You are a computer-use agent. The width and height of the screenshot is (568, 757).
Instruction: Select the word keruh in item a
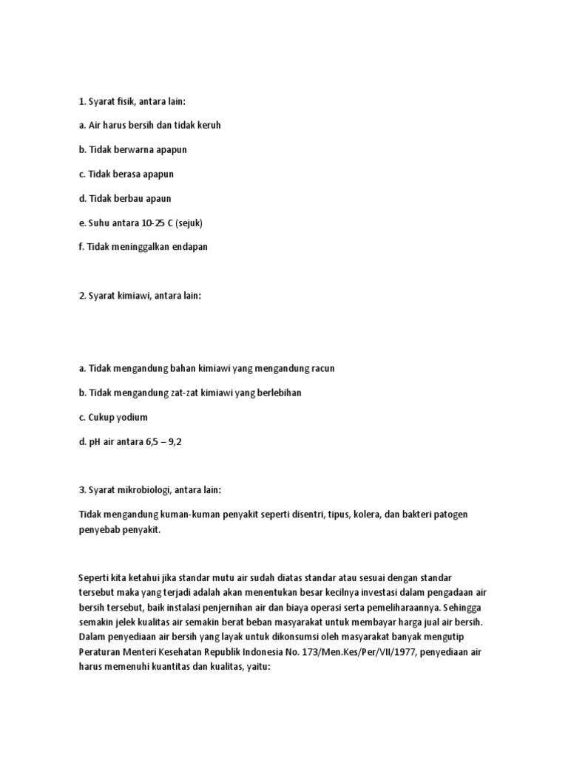[x=208, y=125]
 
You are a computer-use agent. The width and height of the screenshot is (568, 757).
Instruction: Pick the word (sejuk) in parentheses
[x=192, y=223]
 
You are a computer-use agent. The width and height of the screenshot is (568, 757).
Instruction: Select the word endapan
[x=189, y=247]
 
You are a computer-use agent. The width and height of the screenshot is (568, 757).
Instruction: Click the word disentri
[x=302, y=514]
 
